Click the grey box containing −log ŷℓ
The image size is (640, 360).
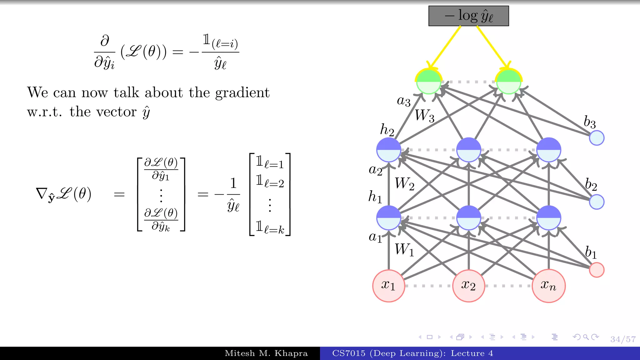click(x=468, y=16)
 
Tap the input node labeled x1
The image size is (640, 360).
click(x=388, y=286)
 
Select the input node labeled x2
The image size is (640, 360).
click(x=468, y=286)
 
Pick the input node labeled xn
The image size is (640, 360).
click(x=548, y=286)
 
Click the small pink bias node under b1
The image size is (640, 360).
click(x=597, y=270)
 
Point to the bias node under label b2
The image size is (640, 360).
click(x=597, y=202)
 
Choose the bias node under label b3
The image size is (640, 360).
click(x=597, y=138)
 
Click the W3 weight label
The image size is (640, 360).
click(x=424, y=116)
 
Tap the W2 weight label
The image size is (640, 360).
click(x=404, y=184)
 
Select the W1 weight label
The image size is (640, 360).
click(x=404, y=250)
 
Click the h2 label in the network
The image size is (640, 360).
click(x=387, y=130)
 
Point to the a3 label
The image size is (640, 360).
click(x=403, y=101)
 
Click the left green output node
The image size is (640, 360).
click(x=428, y=82)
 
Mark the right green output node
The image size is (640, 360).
click(x=508, y=82)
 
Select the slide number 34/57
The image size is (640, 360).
click(x=623, y=339)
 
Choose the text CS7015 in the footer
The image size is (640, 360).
click(x=348, y=353)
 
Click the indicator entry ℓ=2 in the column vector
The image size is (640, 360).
click(x=270, y=181)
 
